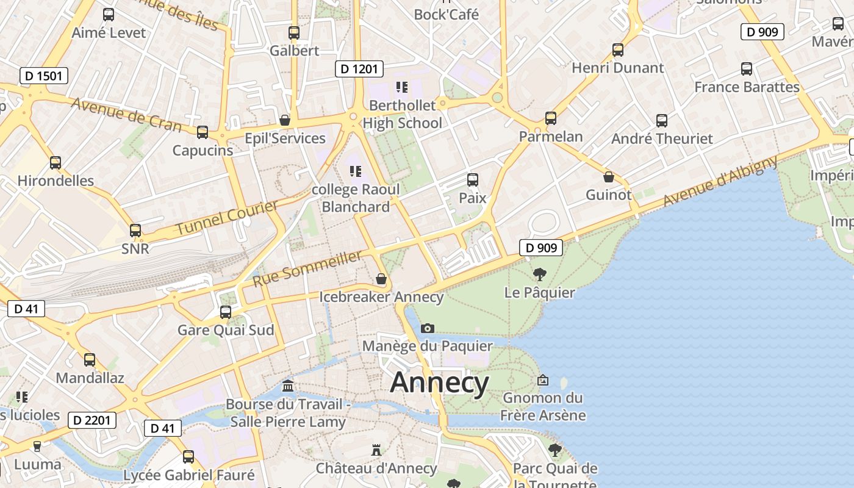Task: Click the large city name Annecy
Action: [439, 382]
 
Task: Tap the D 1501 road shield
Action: [43, 76]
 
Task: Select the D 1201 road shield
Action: [359, 68]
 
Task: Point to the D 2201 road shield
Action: [92, 420]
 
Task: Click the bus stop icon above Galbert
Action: [294, 33]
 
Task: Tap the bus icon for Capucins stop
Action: [203, 132]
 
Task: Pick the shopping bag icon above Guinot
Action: [608, 177]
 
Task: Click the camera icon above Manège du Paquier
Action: [428, 328]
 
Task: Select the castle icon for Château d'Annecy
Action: [376, 450]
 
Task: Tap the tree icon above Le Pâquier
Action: [539, 274]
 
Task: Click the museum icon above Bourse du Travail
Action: [288, 386]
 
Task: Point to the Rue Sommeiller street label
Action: [307, 269]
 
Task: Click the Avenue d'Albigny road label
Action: [720, 181]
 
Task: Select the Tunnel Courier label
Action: [227, 218]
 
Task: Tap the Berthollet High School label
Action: [403, 114]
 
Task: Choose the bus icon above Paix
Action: [472, 180]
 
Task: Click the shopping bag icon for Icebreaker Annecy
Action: [381, 279]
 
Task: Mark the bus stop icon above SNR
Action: [135, 231]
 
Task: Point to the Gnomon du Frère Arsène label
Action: [542, 407]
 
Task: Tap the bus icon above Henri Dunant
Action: [618, 49]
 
